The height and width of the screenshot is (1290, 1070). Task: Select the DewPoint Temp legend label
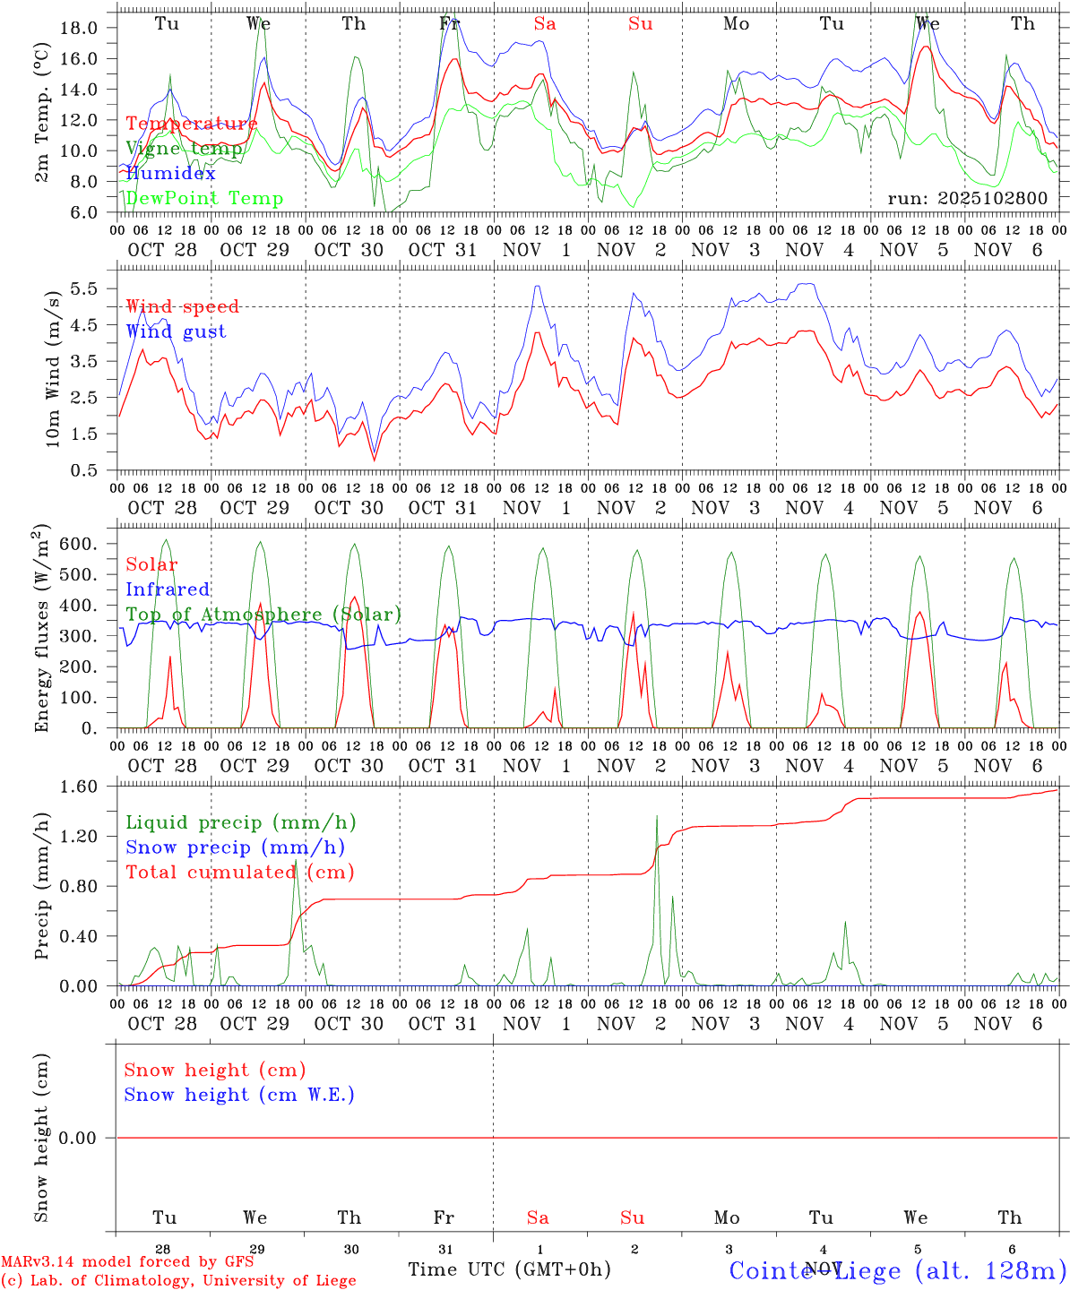(x=204, y=199)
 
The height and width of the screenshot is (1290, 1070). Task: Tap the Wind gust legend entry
(x=176, y=331)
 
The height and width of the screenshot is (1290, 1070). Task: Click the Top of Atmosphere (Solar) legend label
(x=263, y=615)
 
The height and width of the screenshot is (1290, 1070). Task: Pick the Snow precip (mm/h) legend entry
(x=235, y=847)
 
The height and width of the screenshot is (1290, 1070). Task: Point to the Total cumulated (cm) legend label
(x=239, y=872)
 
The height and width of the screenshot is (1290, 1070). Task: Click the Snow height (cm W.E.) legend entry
(x=239, y=1095)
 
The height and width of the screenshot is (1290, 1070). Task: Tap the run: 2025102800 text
(x=967, y=199)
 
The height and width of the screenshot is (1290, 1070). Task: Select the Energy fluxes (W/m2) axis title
(x=41, y=631)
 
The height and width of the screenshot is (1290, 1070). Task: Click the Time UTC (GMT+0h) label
(x=509, y=1269)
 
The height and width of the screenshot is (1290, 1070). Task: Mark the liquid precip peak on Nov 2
(x=657, y=816)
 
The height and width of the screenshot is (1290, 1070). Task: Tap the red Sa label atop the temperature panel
(x=545, y=24)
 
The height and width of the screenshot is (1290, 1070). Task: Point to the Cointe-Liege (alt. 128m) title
(x=897, y=1270)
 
